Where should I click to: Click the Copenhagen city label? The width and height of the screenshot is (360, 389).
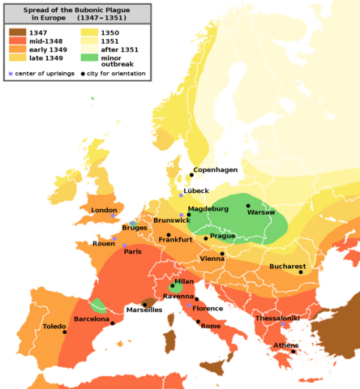point(216,169)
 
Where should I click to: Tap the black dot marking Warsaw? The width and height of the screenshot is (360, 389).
point(248,206)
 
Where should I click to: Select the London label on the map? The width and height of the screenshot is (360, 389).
point(105,210)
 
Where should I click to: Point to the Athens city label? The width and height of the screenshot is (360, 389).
point(285,345)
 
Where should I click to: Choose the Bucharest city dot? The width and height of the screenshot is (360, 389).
point(300,272)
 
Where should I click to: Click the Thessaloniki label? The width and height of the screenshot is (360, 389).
point(279,318)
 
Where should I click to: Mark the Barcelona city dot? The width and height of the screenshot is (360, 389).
point(113,323)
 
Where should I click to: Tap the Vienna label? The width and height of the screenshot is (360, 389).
point(212,259)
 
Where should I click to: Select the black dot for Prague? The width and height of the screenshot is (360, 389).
point(206,237)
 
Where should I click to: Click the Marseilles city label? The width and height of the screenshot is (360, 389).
point(144,310)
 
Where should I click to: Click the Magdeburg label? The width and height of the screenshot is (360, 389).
point(208,208)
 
